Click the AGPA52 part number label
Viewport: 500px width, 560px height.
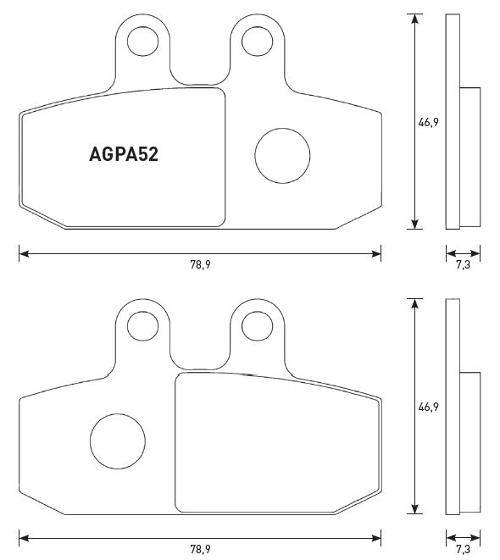click(125, 155)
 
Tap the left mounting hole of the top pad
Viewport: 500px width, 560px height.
click(141, 39)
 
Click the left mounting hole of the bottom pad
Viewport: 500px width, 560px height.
click(141, 324)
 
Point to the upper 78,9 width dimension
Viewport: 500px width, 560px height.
click(200, 264)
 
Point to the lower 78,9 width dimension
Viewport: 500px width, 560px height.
click(200, 549)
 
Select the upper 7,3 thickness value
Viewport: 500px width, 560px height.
click(464, 264)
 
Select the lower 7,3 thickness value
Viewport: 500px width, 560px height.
click(464, 549)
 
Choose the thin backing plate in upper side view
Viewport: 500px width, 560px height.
click(452, 122)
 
